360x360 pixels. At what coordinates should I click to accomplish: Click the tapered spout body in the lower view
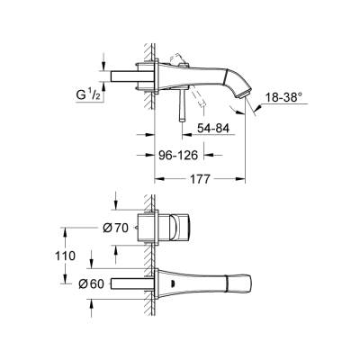pyautogui.click(x=198, y=278)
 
